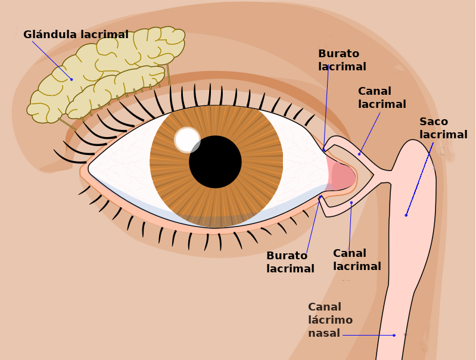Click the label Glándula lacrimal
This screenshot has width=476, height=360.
pyautogui.click(x=76, y=35)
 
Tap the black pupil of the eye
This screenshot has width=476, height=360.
pyautogui.click(x=215, y=162)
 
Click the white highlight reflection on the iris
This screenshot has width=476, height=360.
pyautogui.click(x=187, y=140)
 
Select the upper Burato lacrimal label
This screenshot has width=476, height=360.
pyautogui.click(x=342, y=60)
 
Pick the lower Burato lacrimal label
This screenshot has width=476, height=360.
pyautogui.click(x=290, y=262)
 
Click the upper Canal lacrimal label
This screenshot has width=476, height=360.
pyautogui.click(x=382, y=98)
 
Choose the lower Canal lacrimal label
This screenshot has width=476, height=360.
pyautogui.click(x=357, y=260)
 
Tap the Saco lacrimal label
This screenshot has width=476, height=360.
pyautogui.click(x=443, y=128)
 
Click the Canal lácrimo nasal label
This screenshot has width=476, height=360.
pyautogui.click(x=330, y=320)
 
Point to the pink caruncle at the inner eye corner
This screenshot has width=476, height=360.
pyautogui.click(x=343, y=176)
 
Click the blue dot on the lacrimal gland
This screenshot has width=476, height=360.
pyautogui.click(x=71, y=79)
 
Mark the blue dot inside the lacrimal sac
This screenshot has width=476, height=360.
pyautogui.click(x=406, y=215)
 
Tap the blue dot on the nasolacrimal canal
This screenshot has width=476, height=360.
pyautogui.click(x=394, y=335)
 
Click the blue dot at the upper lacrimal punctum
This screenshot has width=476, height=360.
pyautogui.click(x=324, y=148)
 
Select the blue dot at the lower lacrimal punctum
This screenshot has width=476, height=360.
pyautogui.click(x=320, y=197)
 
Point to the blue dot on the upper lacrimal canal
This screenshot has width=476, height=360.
pyautogui.click(x=359, y=154)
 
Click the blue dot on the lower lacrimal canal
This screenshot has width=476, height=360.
pyautogui.click(x=351, y=203)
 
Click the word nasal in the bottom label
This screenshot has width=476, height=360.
pyautogui.click(x=323, y=333)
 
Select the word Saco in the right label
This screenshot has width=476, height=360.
pyautogui.click(x=434, y=122)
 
